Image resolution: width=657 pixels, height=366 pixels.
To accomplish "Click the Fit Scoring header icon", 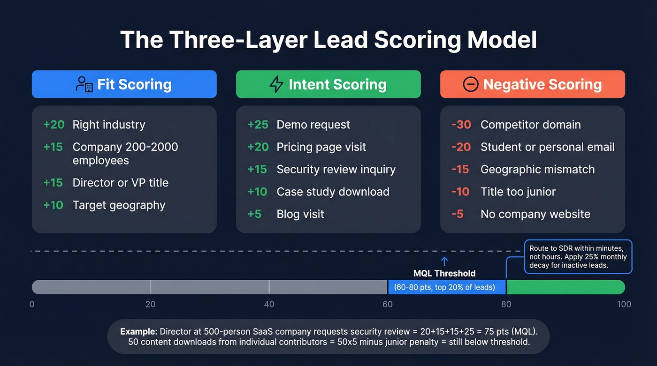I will (x=84, y=84).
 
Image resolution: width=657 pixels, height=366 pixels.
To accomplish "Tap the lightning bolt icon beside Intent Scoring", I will (x=276, y=84).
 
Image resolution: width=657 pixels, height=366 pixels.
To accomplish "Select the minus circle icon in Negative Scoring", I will (x=470, y=84).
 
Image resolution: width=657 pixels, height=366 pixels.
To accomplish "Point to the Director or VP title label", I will (x=120, y=183).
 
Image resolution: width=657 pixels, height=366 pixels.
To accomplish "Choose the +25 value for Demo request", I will (x=258, y=125).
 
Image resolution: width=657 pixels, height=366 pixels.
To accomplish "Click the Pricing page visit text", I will (x=321, y=147).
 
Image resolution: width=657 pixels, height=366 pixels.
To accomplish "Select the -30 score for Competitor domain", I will (x=461, y=125).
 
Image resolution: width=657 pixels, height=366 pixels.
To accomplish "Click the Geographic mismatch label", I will (x=537, y=170).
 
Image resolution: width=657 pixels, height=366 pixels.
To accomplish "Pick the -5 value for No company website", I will (x=458, y=214).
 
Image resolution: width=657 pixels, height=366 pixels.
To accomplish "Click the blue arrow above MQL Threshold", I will (x=444, y=261).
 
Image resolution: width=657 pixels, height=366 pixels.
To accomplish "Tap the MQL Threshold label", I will (x=444, y=273).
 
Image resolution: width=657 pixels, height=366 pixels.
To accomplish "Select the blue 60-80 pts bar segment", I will (x=446, y=287).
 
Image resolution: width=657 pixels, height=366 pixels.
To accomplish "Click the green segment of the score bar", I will (x=565, y=287).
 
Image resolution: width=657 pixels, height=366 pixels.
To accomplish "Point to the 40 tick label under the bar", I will (x=269, y=304).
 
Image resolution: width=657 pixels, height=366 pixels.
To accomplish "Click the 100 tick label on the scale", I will (x=624, y=304).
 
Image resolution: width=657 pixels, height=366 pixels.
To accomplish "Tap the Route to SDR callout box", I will (x=578, y=257).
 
